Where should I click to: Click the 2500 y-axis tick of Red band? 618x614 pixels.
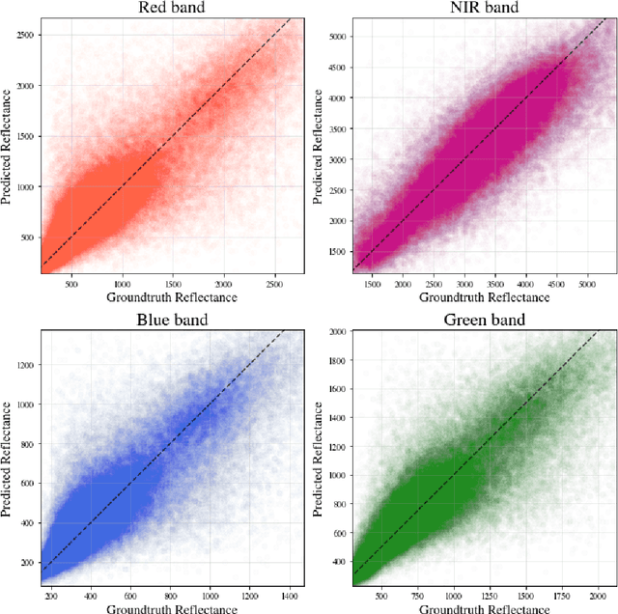coord(27,35)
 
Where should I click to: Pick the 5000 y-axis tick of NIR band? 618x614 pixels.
coord(336,36)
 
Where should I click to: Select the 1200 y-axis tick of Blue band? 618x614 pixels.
coord(27,365)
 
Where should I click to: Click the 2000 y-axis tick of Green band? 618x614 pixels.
coord(336,331)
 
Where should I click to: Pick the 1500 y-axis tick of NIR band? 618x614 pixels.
coord(336,251)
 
